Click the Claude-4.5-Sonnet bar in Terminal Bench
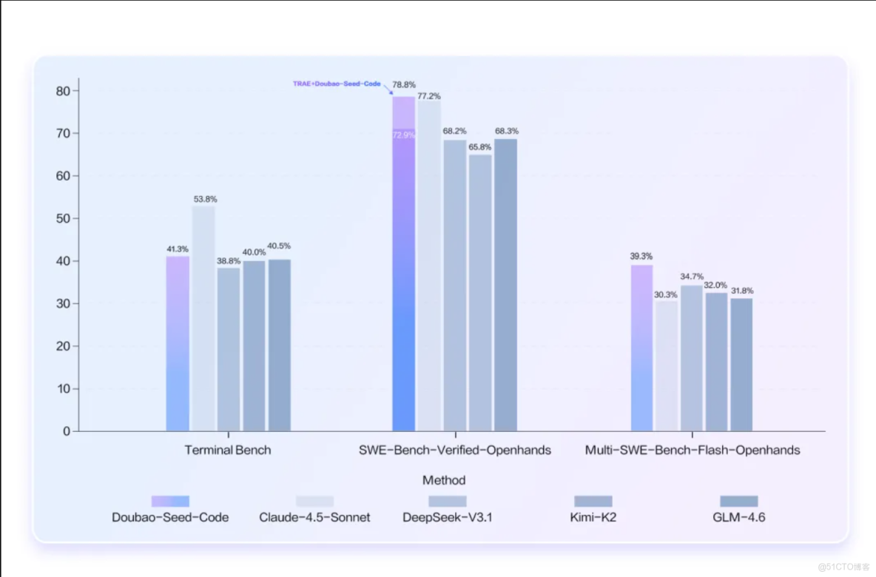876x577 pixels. [x=203, y=318]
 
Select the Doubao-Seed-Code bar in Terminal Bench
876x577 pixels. [x=178, y=343]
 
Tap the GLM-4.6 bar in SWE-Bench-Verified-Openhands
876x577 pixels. [x=505, y=285]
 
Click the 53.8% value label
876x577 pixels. [x=205, y=199]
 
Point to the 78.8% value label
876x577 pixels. [x=404, y=85]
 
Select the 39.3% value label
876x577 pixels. [x=641, y=256]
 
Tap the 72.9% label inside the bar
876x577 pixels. [x=404, y=135]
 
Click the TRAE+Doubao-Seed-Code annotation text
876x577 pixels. [x=337, y=84]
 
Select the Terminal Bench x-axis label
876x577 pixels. [x=228, y=450]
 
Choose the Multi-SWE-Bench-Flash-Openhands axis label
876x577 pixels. [x=693, y=450]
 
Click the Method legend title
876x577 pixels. [x=444, y=480]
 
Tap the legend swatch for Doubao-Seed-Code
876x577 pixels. [x=170, y=501]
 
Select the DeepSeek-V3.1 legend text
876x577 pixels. [x=448, y=517]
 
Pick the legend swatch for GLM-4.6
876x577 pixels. [x=738, y=501]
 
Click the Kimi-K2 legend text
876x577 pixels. [x=593, y=517]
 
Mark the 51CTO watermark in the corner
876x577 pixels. [x=849, y=567]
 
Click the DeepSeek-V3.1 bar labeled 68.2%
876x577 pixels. [x=454, y=285]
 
